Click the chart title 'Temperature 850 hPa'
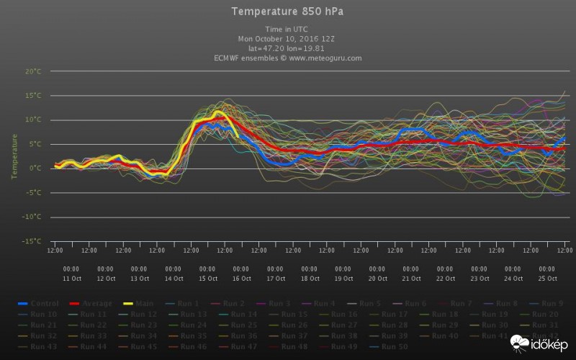[x=287, y=11]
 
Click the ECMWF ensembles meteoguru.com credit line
[x=287, y=58]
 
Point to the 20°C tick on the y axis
[x=33, y=71]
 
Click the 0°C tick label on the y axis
[x=35, y=168]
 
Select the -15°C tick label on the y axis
[x=32, y=241]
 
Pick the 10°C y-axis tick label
[x=33, y=120]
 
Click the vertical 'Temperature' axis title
[x=14, y=156]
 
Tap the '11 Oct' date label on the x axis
[x=72, y=278]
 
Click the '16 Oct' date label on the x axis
[x=242, y=278]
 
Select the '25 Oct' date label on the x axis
[x=548, y=278]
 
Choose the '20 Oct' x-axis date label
[x=378, y=278]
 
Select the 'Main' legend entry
[x=138, y=304]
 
